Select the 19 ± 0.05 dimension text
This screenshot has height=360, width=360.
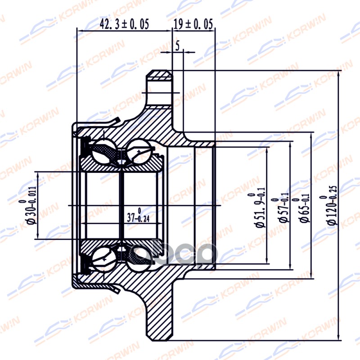click(193, 24)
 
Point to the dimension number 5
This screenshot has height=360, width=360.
click(178, 45)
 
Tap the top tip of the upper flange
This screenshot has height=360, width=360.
click(160, 72)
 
